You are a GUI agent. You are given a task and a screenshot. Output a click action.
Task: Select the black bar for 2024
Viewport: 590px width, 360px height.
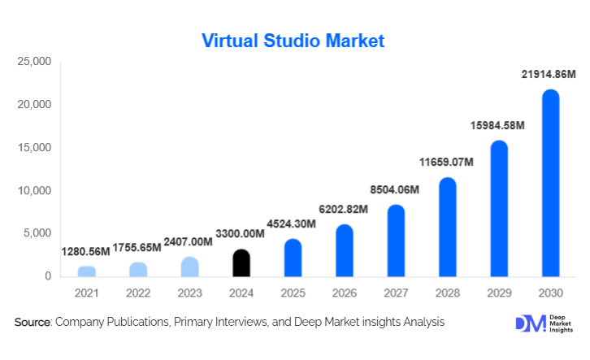pos(241,263)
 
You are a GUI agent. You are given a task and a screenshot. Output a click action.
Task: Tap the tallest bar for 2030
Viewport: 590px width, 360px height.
pos(550,184)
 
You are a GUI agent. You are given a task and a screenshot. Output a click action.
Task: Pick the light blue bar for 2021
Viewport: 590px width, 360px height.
pos(87,271)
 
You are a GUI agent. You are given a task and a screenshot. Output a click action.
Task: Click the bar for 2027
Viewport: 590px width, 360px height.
pos(396,241)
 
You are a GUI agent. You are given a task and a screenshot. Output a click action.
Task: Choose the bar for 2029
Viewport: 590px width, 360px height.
pos(499,210)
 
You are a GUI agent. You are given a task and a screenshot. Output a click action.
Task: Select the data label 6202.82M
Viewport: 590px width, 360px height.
pos(344,209)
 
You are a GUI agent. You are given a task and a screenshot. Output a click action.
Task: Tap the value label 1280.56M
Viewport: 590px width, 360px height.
pos(86,253)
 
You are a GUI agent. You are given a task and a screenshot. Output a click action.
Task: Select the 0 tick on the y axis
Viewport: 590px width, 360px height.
pos(48,277)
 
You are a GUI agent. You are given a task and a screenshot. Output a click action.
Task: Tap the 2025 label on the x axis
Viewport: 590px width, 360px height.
pos(293,292)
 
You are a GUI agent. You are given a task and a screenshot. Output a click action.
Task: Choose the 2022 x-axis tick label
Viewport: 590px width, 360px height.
pos(138,292)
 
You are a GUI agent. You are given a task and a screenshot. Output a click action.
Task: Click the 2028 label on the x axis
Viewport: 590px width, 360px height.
pos(447,292)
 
